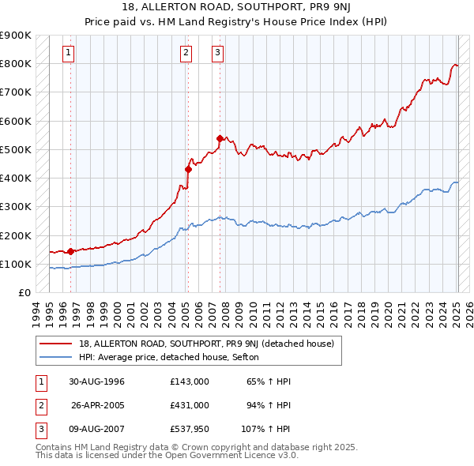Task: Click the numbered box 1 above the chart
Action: [x=69, y=53]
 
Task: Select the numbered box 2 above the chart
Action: [x=186, y=53]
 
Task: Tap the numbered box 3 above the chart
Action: [x=217, y=53]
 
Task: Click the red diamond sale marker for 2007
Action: [x=220, y=138]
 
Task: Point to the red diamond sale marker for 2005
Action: [x=189, y=169]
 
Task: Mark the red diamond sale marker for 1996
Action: [x=71, y=251]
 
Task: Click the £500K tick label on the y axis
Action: [x=15, y=149]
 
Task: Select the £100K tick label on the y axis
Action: [x=15, y=264]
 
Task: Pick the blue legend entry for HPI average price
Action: [x=175, y=357]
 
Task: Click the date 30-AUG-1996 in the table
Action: [x=96, y=381]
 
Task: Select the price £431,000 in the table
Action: [x=190, y=405]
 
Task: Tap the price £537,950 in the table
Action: [x=190, y=430]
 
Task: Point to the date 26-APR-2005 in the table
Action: [x=98, y=405]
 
